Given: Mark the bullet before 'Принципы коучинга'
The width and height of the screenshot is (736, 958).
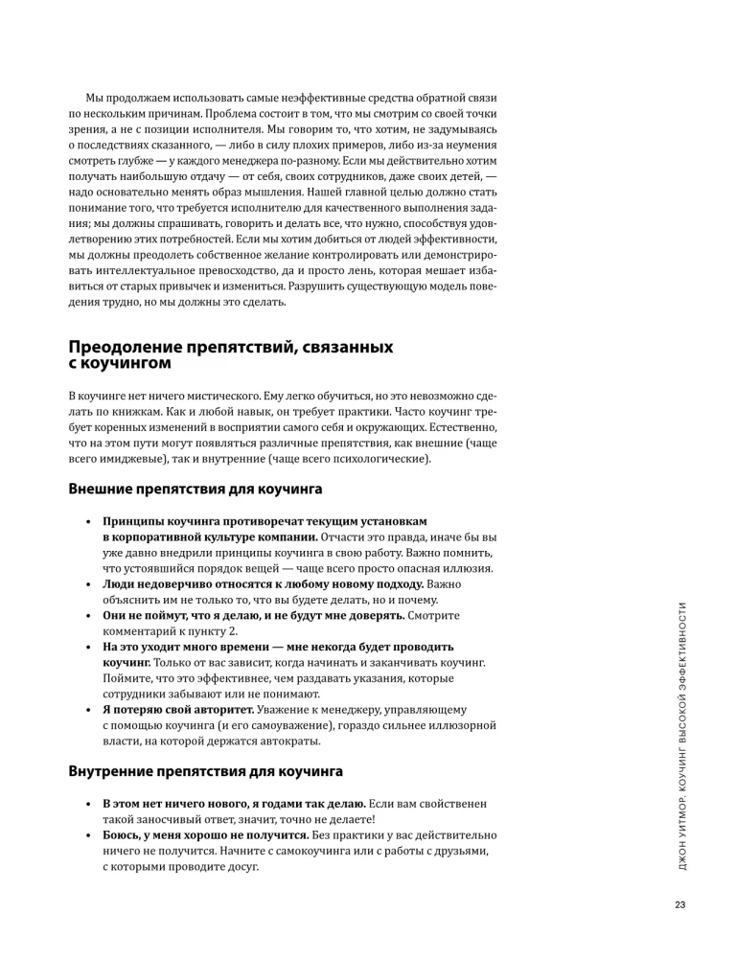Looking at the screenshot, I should pyautogui.click(x=87, y=522).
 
